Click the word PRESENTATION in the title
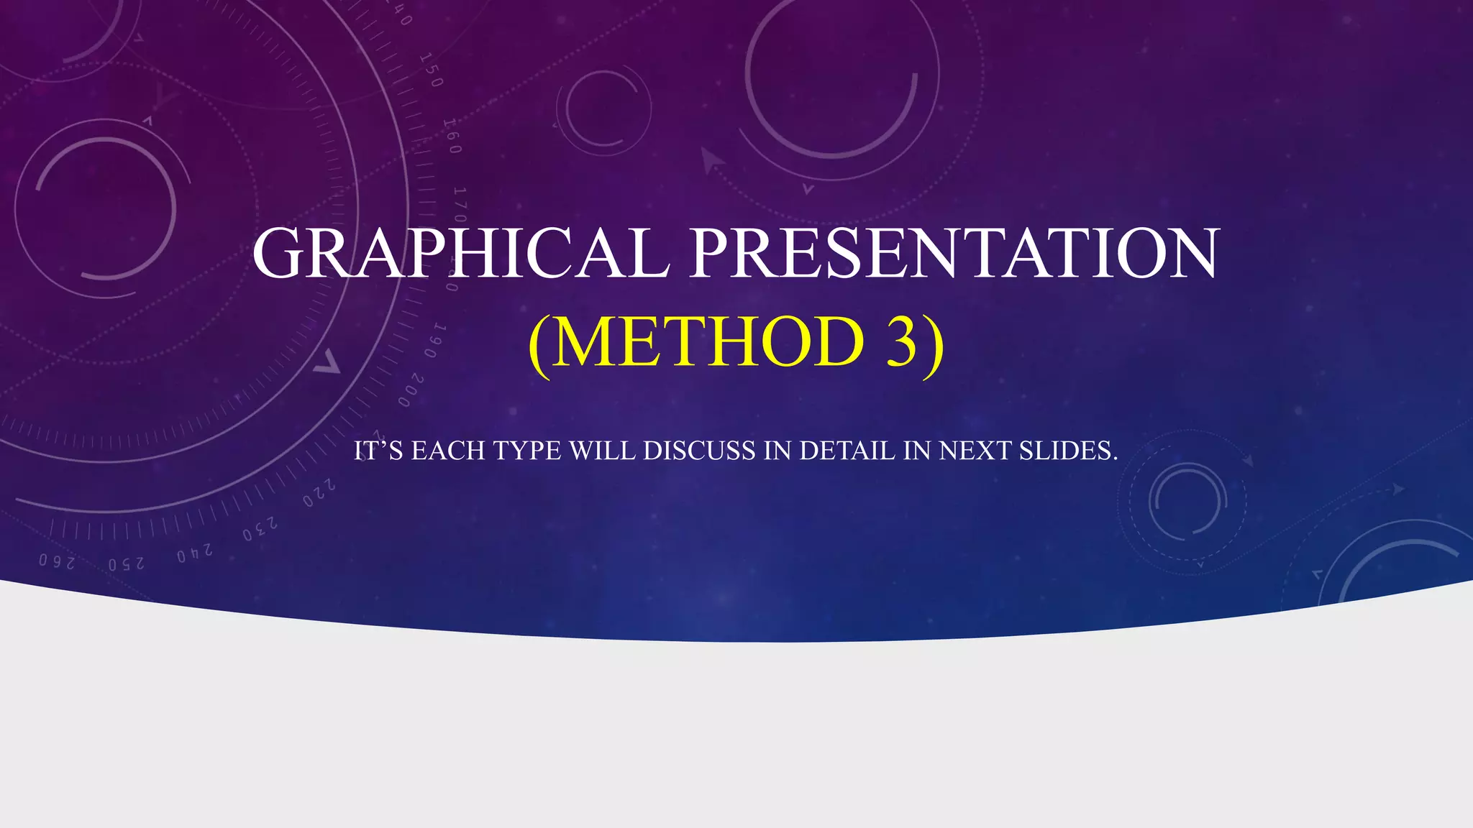coord(954,253)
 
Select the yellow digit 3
coord(901,342)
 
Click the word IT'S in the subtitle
coord(378,451)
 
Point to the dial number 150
coord(430,70)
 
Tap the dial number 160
coord(451,136)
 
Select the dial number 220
coord(319,494)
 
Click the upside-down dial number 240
coord(195,553)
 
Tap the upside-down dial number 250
coord(127,563)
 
